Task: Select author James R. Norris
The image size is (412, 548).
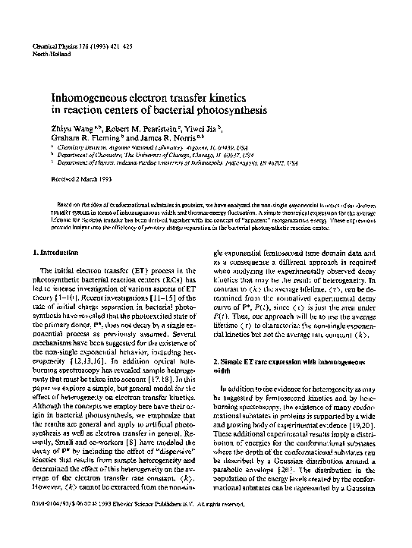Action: point(169,139)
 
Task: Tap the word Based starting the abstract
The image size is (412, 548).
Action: point(68,205)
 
